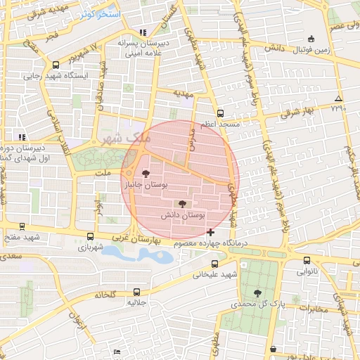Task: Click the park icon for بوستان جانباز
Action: point(146,173)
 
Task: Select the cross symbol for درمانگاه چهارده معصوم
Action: point(211,231)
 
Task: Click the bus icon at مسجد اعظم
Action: point(220,112)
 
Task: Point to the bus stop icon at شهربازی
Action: point(89,237)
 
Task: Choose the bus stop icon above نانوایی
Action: point(305,259)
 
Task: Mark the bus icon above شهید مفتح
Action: point(22,226)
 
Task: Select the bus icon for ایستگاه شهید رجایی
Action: point(56,65)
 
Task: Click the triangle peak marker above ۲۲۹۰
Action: point(339,98)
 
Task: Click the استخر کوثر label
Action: point(100,14)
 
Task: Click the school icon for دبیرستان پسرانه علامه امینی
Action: point(143,32)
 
